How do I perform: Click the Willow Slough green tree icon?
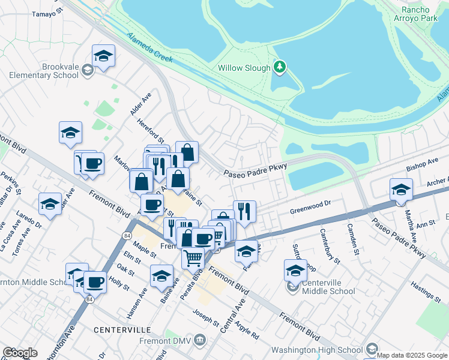coord(279,67)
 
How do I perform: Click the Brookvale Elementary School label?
coord(43,71)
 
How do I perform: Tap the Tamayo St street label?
coord(47,13)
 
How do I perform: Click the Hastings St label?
coord(427,292)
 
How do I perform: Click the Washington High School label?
coord(318,349)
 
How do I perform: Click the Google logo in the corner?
coord(20,353)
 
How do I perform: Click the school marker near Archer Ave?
coord(401,190)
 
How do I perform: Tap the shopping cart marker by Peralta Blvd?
coord(193,258)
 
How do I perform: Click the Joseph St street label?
coord(206,318)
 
